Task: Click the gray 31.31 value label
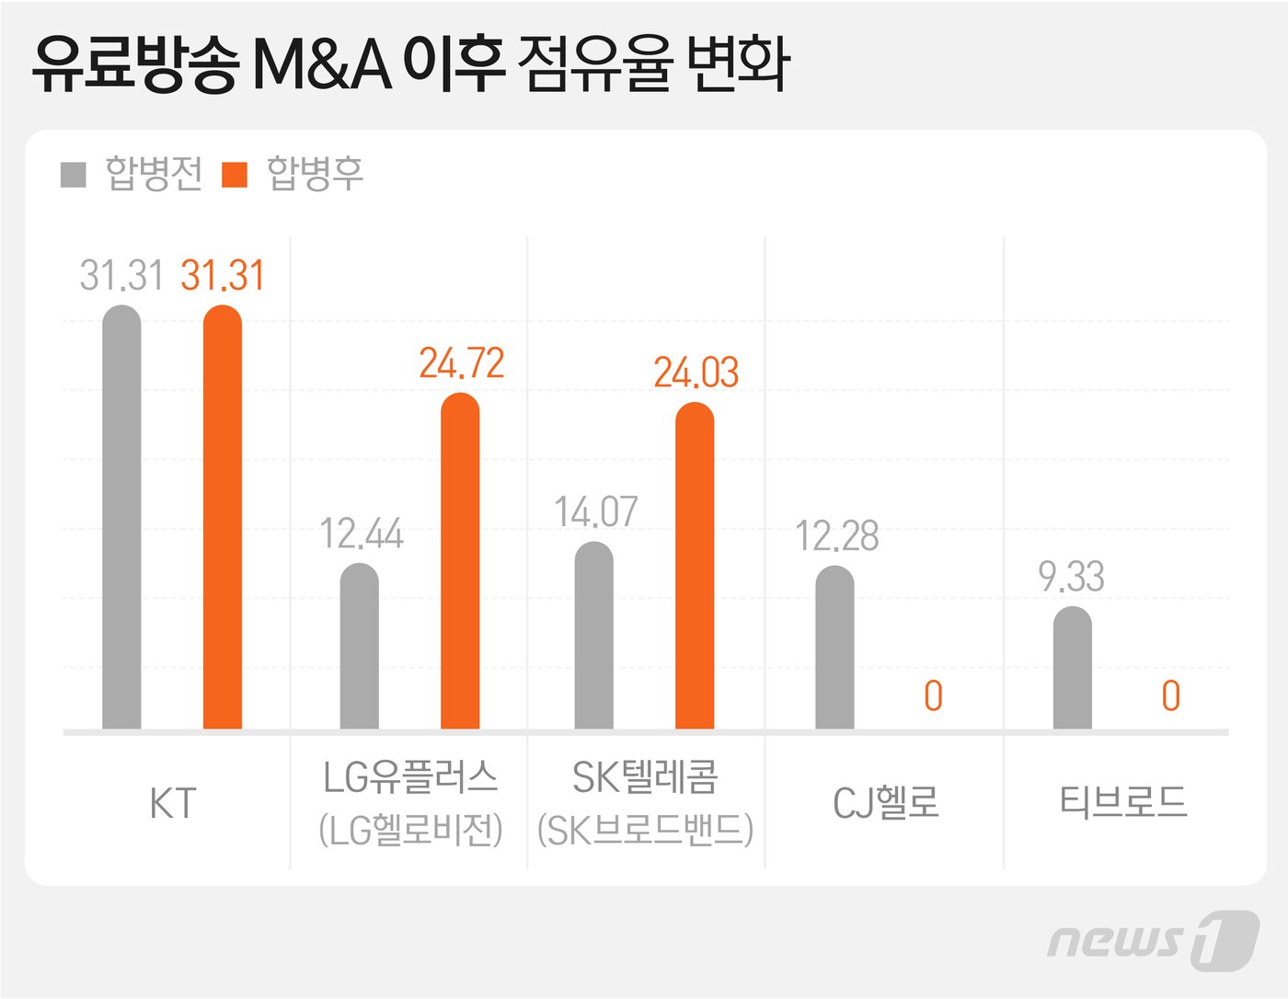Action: click(x=121, y=275)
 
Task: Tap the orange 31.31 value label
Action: click(x=223, y=275)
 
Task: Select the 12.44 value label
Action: click(x=362, y=534)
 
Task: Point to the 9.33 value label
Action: click(x=1071, y=577)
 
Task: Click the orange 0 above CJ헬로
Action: click(x=933, y=696)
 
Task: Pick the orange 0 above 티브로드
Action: click(x=1170, y=696)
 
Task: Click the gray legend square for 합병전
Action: click(x=74, y=174)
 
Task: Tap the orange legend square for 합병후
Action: click(x=236, y=174)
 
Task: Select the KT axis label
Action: click(x=173, y=803)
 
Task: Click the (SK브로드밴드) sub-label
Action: click(x=646, y=830)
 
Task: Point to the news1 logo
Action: click(x=1152, y=939)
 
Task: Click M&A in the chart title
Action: click(x=322, y=64)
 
